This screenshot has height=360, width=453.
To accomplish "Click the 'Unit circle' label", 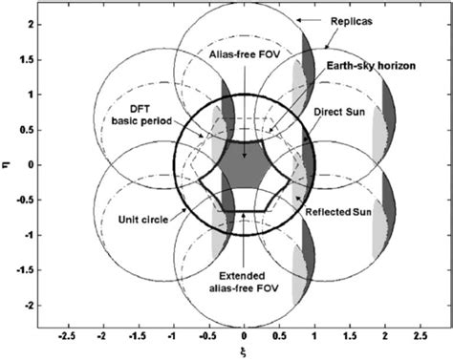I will [134, 219].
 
